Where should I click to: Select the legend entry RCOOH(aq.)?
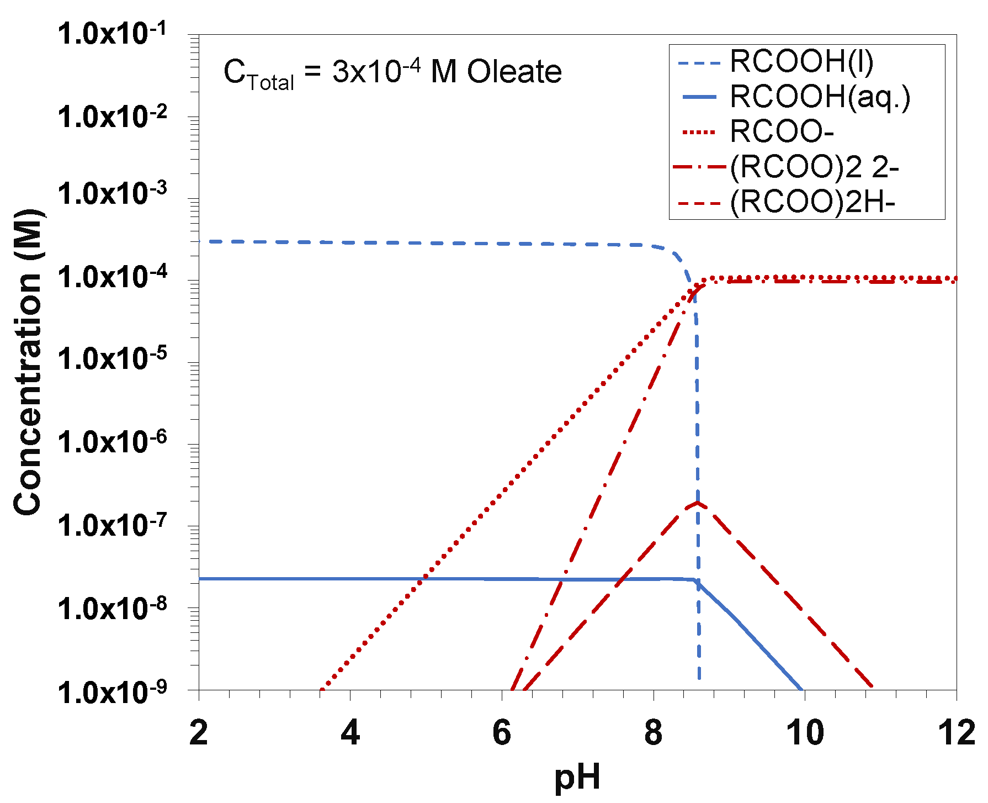tap(820, 97)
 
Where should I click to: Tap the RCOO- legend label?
tap(781, 132)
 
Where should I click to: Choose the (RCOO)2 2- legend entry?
tap(814, 167)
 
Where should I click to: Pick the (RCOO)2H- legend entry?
tap(812, 203)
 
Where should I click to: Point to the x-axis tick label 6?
tap(502, 733)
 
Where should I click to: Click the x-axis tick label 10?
tap(805, 733)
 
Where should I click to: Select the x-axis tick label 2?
tap(199, 733)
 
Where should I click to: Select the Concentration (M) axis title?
tap(28, 362)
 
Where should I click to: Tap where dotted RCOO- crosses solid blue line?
tap(424, 578)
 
